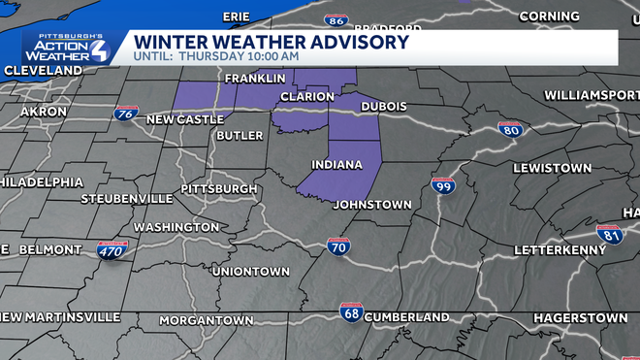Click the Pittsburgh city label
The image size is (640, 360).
tap(219, 188)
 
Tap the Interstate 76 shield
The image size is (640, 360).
tap(125, 114)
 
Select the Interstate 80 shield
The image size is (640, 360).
tap(510, 129)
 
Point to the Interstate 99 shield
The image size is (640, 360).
tap(443, 184)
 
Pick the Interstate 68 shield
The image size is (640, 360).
tap(351, 311)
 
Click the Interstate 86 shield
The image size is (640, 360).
tap(336, 19)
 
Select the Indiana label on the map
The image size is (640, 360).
tap(336, 165)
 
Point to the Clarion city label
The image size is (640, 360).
tap(306, 97)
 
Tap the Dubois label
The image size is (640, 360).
tap(383, 106)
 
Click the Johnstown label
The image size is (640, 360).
tap(372, 205)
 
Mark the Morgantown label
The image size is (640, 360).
tap(206, 319)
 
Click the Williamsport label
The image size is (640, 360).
tap(591, 95)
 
